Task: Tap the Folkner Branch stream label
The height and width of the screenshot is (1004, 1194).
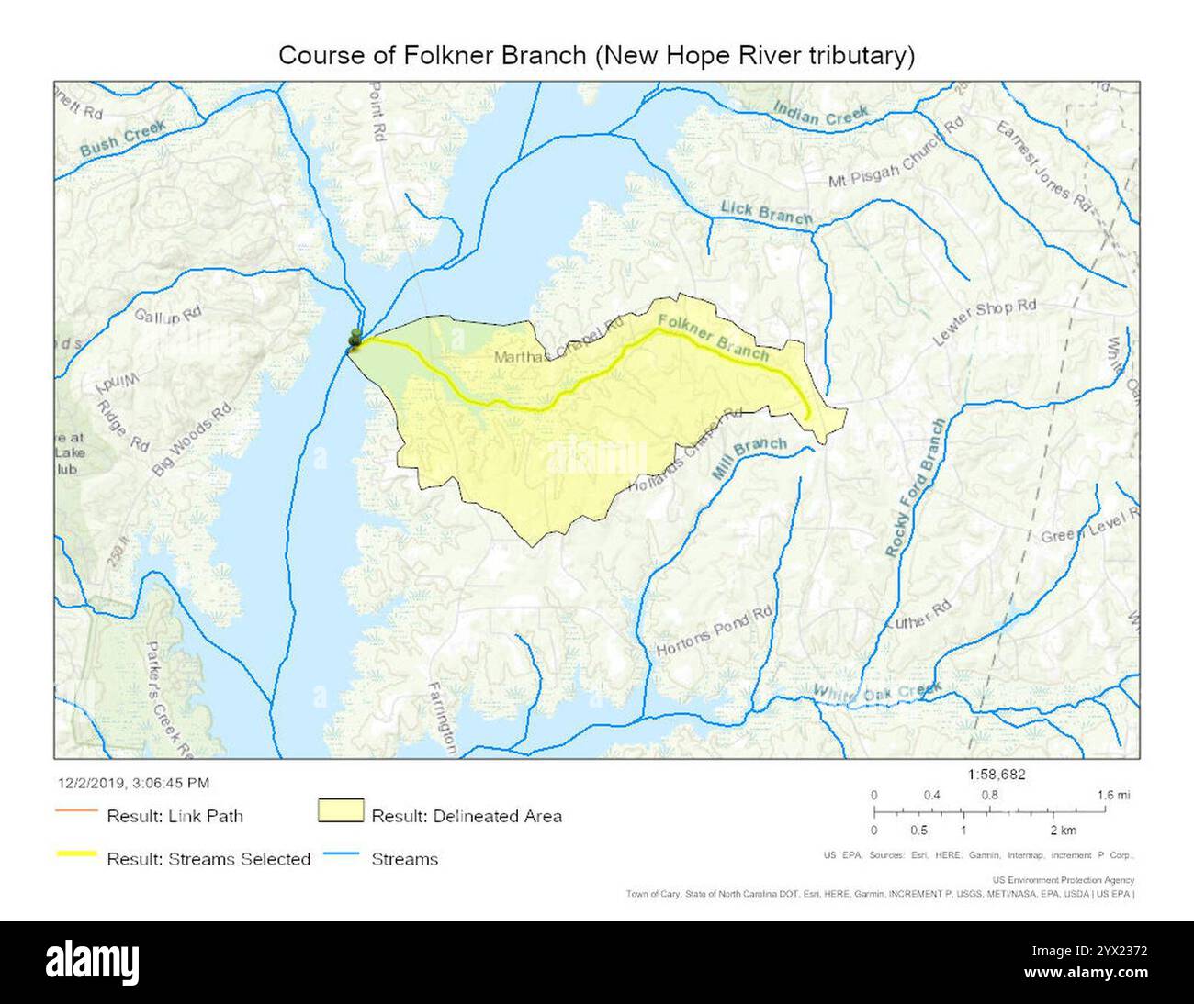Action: click(x=714, y=337)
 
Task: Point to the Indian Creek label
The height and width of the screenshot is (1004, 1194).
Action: click(x=820, y=114)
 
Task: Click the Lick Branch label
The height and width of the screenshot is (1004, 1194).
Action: click(x=766, y=213)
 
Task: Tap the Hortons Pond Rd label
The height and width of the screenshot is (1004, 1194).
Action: click(x=715, y=632)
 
